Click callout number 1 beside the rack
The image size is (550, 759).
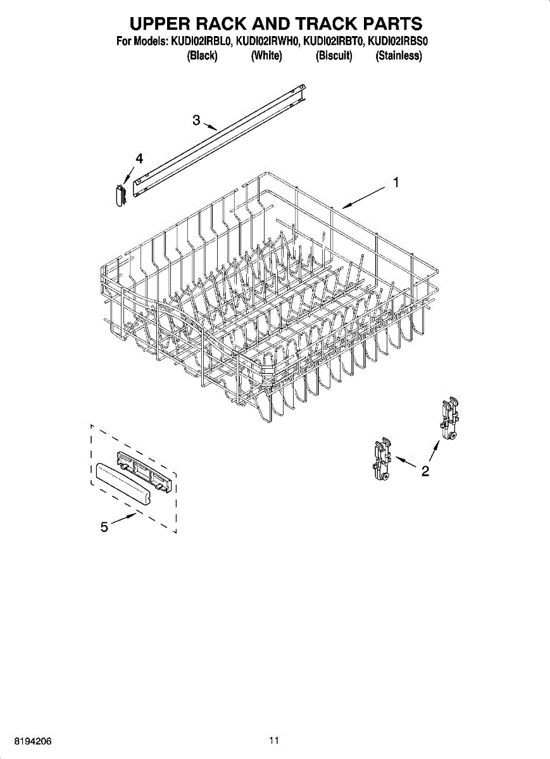pyautogui.click(x=396, y=183)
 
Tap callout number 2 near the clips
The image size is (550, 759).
pyautogui.click(x=425, y=471)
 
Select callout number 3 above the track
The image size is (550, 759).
pyautogui.click(x=196, y=120)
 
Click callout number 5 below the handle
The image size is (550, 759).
pyautogui.click(x=104, y=526)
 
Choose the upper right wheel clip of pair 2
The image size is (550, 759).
pyautogui.click(x=450, y=418)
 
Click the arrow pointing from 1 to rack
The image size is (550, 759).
pyautogui.click(x=364, y=197)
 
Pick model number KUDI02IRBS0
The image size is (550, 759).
pyautogui.click(x=398, y=42)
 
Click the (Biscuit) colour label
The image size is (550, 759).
pyautogui.click(x=334, y=56)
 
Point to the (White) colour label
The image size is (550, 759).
pyautogui.click(x=266, y=56)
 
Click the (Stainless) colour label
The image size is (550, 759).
pyautogui.click(x=399, y=56)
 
